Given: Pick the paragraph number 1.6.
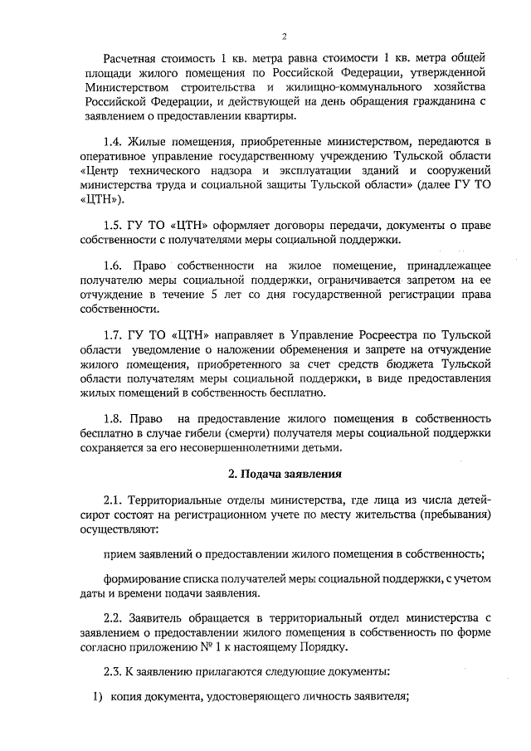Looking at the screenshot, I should [114, 265].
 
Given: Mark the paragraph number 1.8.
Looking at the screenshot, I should [114, 418].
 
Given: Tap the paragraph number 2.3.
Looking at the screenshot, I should [114, 671].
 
